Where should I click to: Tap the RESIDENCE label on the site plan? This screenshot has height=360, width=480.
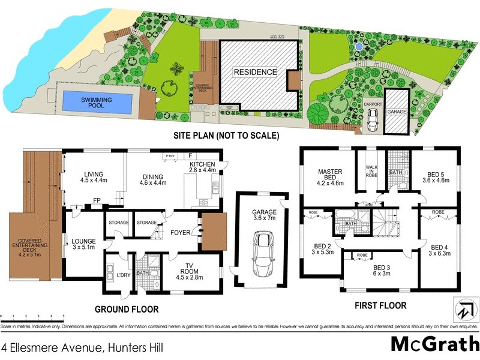pos(255,72)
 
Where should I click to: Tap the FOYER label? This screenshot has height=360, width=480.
pos(181,232)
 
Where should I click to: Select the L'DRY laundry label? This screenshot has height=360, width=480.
pos(124,275)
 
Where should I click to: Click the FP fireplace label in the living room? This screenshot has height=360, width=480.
pos(96,201)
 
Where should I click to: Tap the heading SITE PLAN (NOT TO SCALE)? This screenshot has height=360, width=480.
pos(226,136)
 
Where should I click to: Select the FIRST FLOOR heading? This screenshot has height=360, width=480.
pos(380,305)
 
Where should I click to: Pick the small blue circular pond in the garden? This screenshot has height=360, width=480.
pos(358,46)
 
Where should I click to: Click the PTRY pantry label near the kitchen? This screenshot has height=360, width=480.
pos(169,156)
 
